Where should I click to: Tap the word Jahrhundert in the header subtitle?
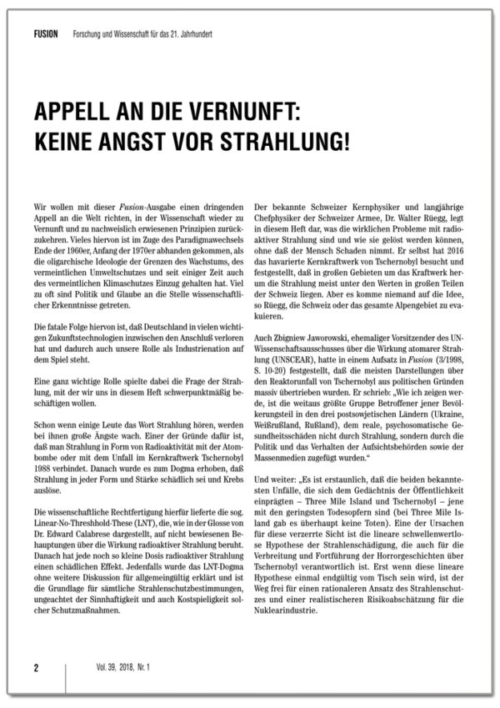coord(212,37)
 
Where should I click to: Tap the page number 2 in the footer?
coord(36,668)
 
